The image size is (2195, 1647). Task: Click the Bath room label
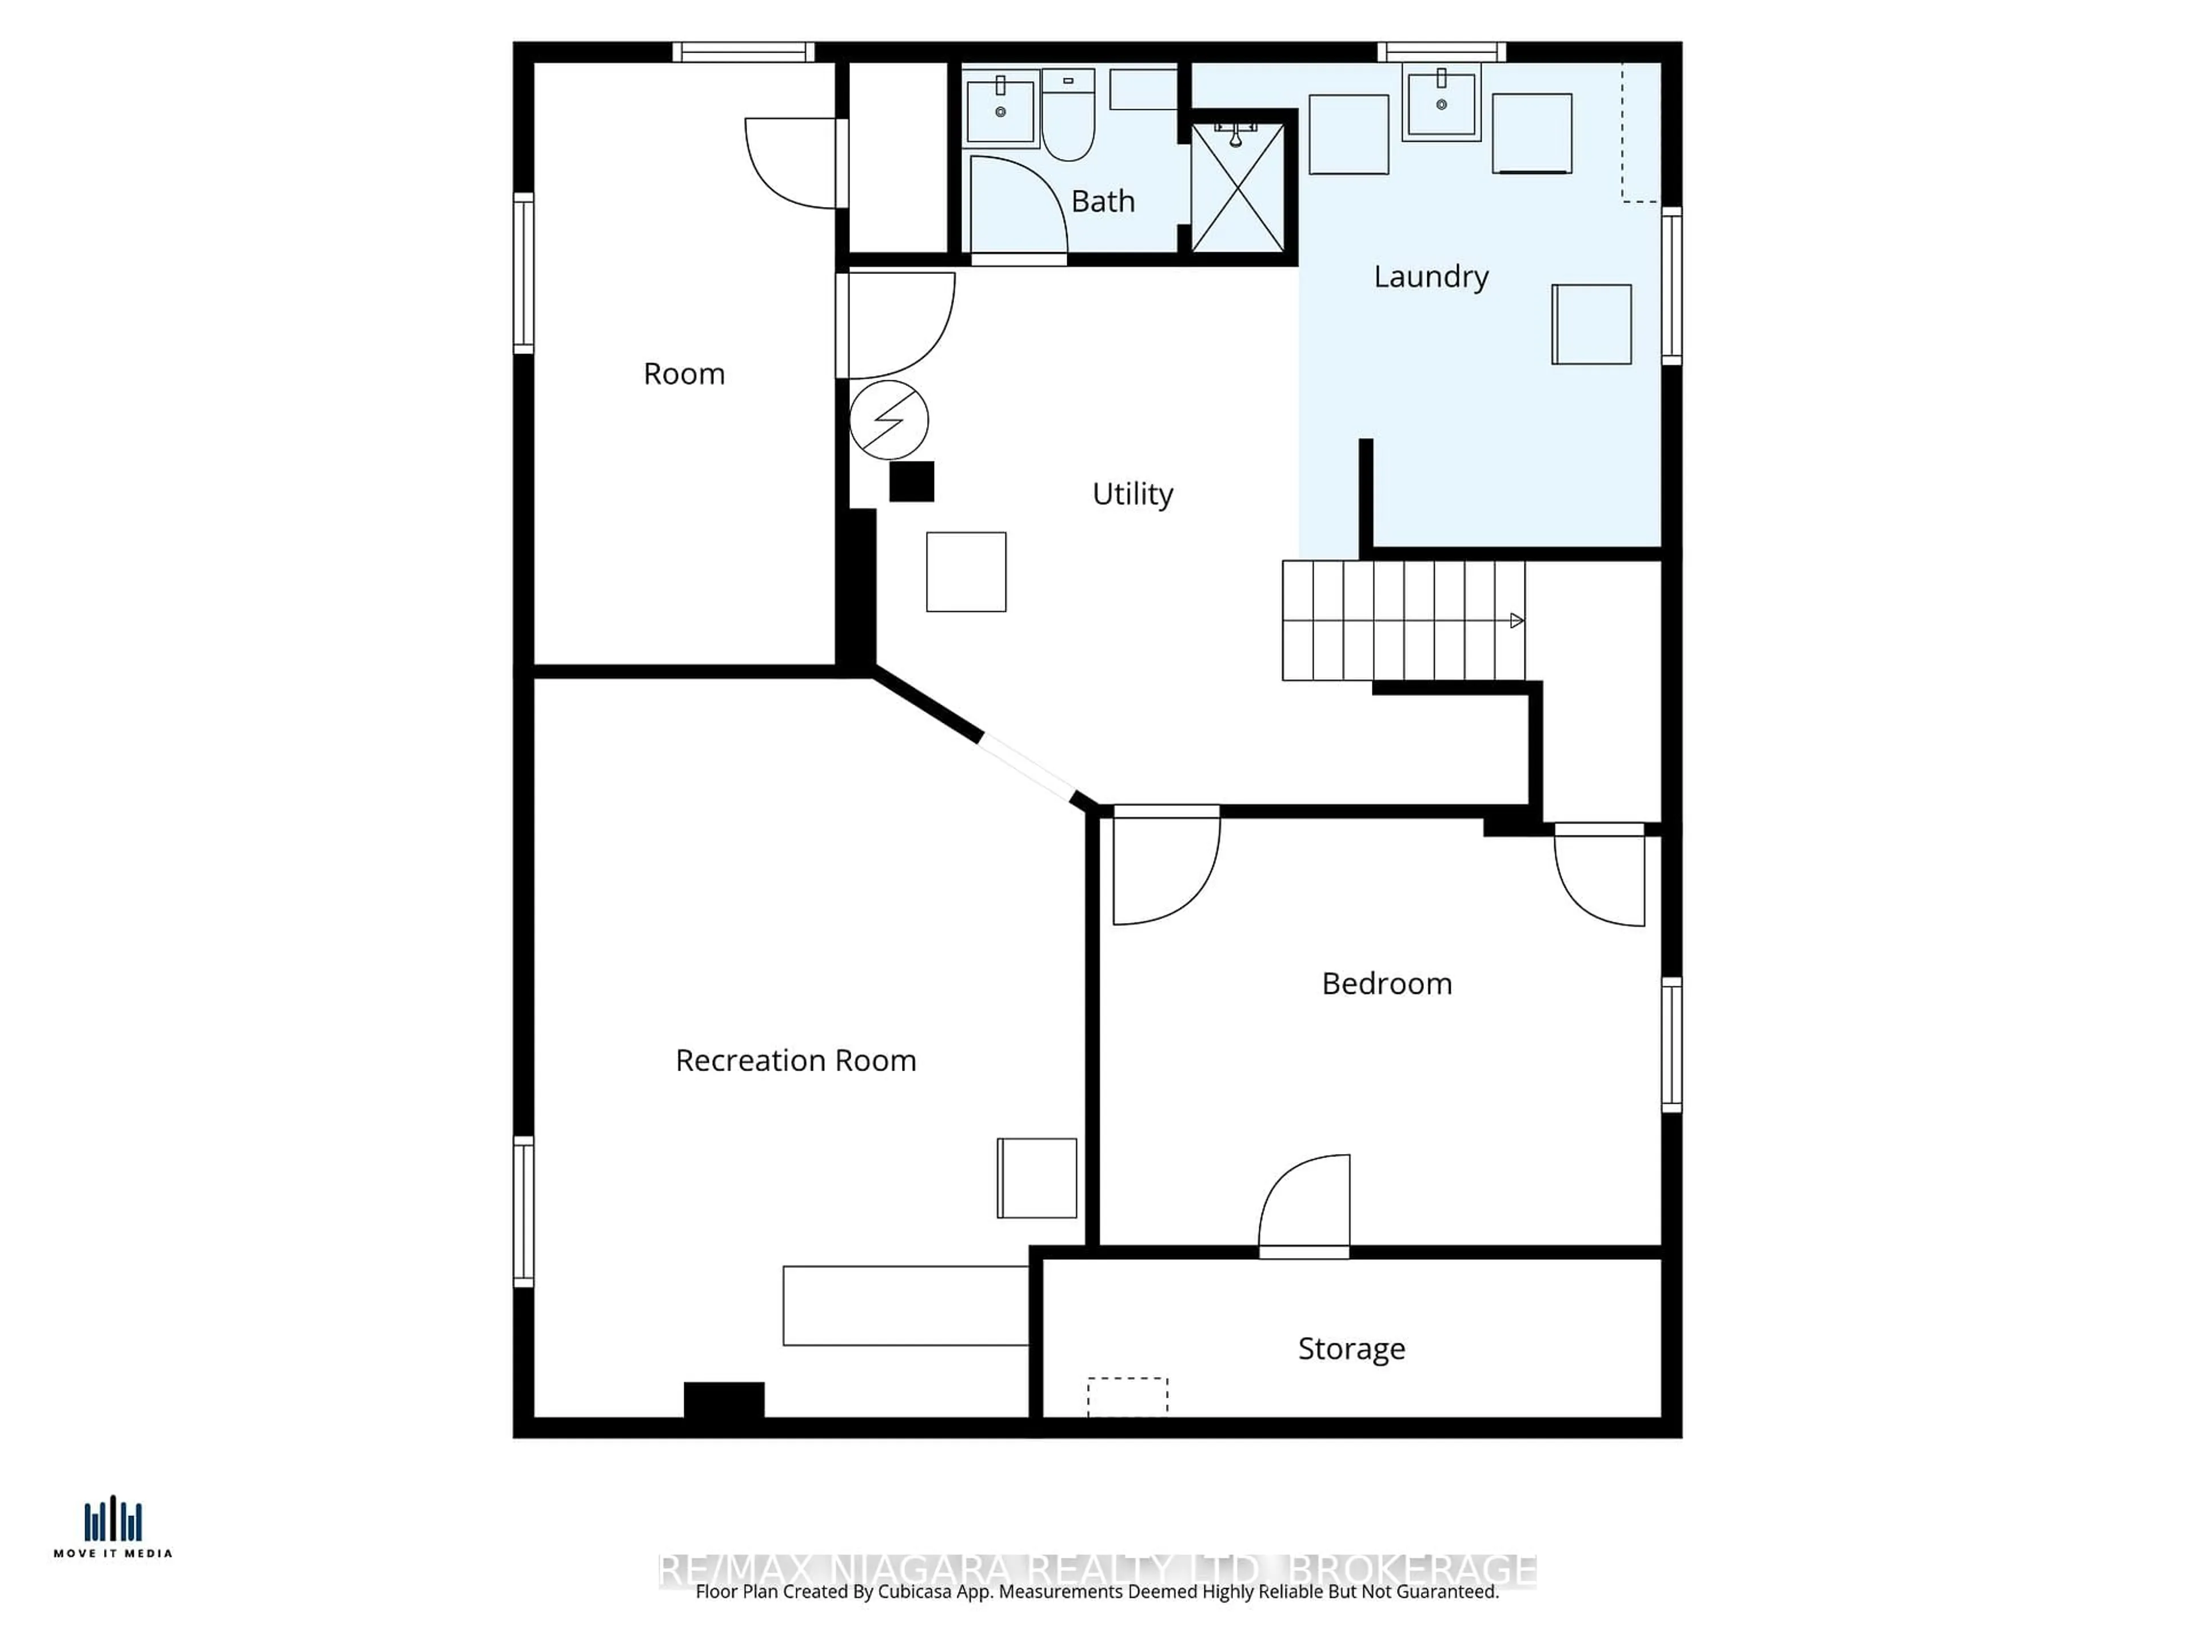pos(1103,201)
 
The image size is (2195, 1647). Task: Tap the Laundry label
pos(1430,277)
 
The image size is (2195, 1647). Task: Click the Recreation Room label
pos(795,1060)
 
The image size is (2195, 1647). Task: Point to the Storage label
pos(1351,1348)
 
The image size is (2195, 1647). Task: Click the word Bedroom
pos(1386,984)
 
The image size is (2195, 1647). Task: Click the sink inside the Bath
pos(1000,109)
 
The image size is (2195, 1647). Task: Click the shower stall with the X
pos(1238,189)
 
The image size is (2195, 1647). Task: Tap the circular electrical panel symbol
pos(889,420)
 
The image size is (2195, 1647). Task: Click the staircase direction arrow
pos(1515,620)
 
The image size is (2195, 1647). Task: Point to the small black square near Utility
pos(911,482)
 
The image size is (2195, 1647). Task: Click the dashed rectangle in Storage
pos(1127,1396)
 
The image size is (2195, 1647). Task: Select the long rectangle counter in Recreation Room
pos(905,1306)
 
